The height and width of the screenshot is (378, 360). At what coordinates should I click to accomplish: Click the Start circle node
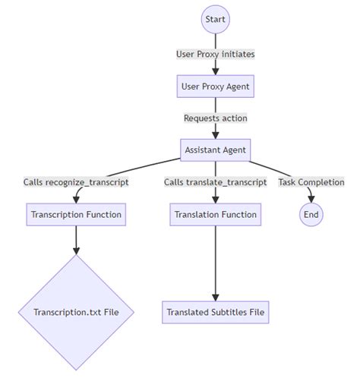click(216, 19)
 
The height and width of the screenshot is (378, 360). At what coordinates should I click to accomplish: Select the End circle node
click(311, 215)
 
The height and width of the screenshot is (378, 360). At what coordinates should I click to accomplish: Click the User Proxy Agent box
click(216, 87)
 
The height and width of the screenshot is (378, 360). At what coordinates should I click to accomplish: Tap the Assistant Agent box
click(216, 150)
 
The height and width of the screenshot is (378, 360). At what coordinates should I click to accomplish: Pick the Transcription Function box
click(76, 215)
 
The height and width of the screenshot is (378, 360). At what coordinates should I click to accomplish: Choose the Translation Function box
click(216, 215)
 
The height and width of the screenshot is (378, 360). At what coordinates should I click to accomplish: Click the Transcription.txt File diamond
click(76, 311)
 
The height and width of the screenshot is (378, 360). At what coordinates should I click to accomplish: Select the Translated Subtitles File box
click(216, 311)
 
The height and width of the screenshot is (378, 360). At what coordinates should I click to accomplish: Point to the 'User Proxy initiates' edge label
click(216, 54)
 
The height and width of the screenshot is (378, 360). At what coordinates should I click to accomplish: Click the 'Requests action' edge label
click(216, 118)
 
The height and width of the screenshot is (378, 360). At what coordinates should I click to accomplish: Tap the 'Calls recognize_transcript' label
click(76, 182)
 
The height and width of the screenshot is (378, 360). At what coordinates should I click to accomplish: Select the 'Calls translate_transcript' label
click(216, 182)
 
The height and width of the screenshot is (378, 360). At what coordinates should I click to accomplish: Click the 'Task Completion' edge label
click(311, 182)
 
